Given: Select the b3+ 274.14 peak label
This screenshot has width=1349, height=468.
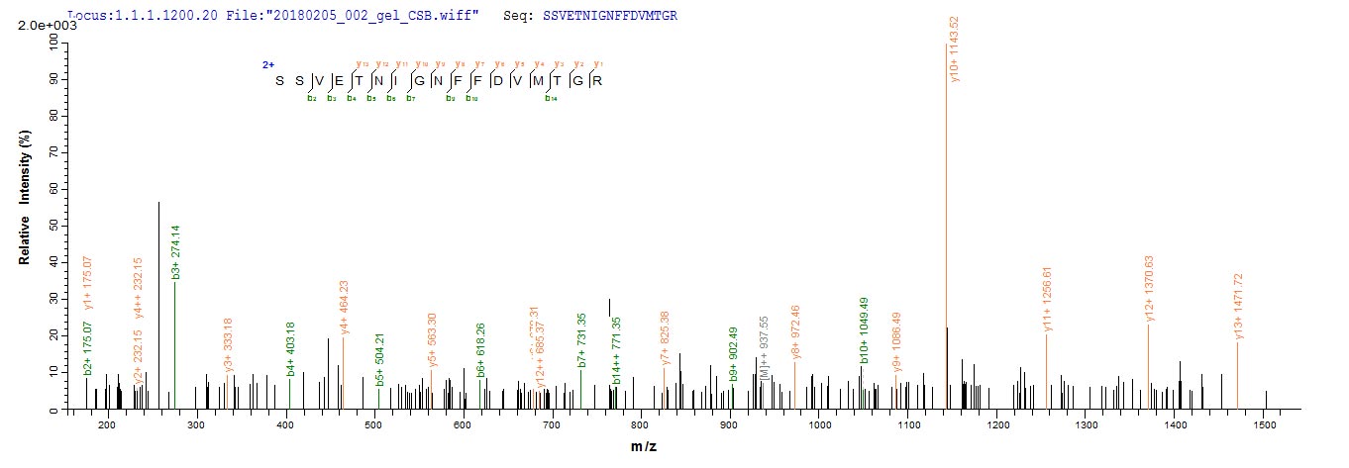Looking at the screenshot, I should pos(175,252).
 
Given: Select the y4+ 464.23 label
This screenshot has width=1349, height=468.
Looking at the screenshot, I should pos(344,307).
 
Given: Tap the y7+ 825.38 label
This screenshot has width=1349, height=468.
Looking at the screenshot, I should pos(665,338).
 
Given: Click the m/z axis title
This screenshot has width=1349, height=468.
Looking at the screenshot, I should pos(645,447).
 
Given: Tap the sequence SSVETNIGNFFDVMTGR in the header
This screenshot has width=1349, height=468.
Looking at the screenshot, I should pos(609,17).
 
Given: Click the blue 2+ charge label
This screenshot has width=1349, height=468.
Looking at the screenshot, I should pos(268,64).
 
